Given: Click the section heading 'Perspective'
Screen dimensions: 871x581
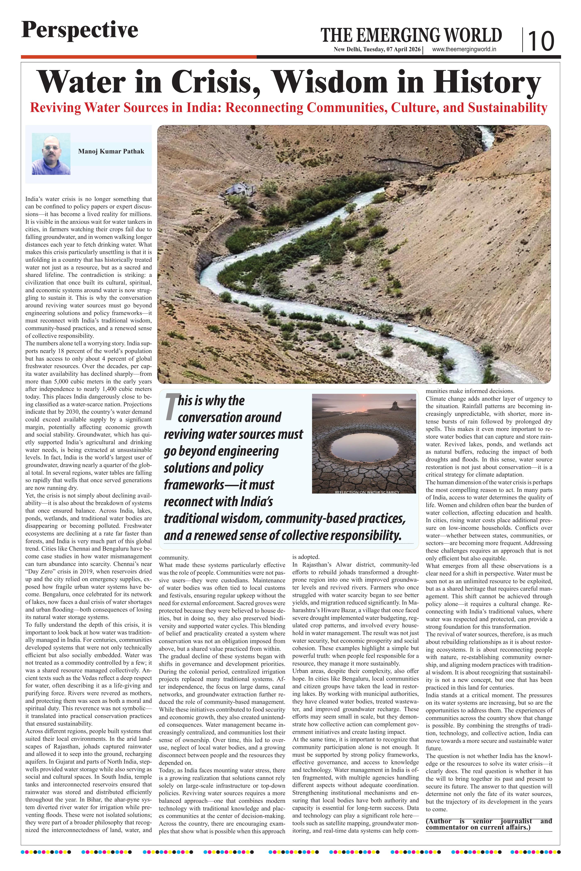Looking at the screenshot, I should tap(80, 30).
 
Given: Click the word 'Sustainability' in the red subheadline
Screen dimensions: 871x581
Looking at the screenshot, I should tap(507, 108).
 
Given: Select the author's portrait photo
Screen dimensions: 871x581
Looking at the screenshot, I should tap(51, 154).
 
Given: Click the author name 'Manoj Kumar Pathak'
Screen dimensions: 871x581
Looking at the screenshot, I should tap(111, 151).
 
